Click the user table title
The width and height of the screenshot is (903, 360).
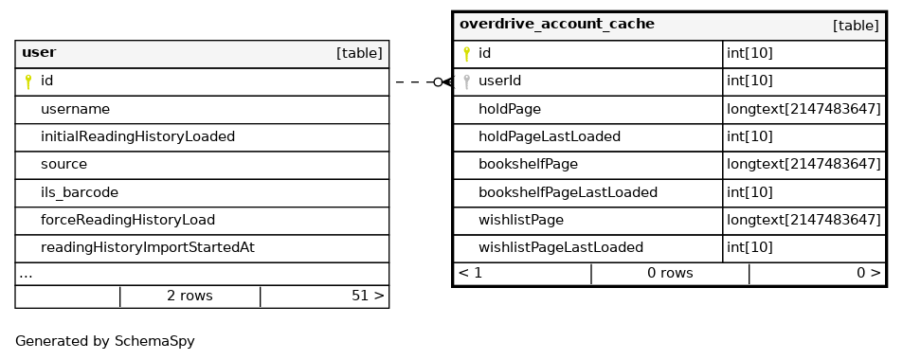[x=39, y=52]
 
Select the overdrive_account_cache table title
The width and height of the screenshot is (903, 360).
[x=557, y=25]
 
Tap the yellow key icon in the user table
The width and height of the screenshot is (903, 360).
[x=28, y=81]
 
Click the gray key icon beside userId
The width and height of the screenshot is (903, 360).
[x=467, y=81]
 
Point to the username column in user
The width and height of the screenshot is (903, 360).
[x=75, y=109]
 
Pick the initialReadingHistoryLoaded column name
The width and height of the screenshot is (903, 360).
[x=137, y=136]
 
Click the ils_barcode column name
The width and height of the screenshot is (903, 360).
[x=80, y=192]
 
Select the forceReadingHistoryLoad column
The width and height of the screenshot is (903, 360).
[x=128, y=220]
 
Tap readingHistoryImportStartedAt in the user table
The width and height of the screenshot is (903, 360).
[x=148, y=247]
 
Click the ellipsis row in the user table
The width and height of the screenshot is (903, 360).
[x=26, y=275]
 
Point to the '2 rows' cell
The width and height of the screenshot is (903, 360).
[x=190, y=297]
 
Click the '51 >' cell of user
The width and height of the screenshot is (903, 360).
[x=368, y=297]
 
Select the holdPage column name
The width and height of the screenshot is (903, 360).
[x=510, y=109]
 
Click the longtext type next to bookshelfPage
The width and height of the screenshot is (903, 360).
[x=804, y=164]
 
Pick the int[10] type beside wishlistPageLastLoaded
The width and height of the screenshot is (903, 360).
[x=749, y=247]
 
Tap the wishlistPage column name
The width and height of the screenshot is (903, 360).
[x=521, y=220]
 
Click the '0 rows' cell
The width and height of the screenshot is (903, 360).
[x=670, y=273]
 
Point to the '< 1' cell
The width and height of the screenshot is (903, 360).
[x=471, y=273]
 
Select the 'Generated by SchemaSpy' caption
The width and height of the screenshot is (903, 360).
[x=105, y=341]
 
